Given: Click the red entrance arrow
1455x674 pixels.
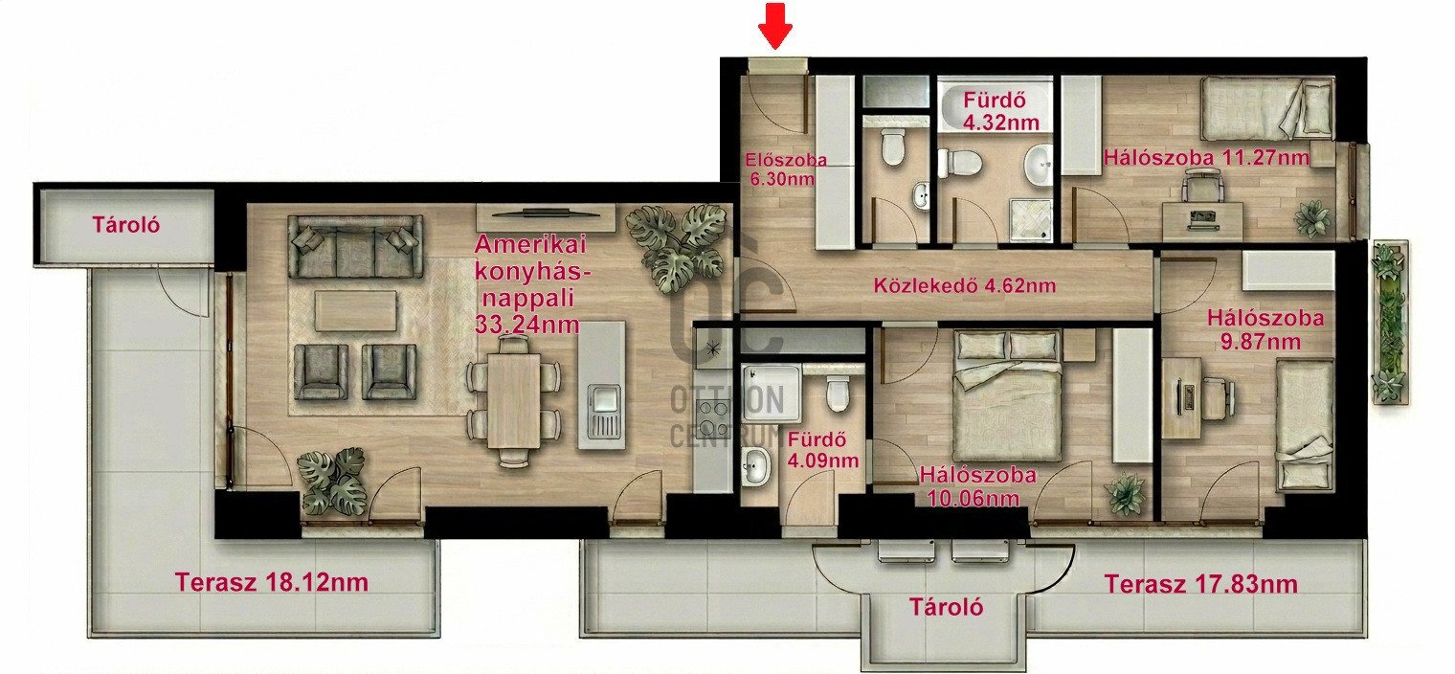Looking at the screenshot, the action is (775, 26).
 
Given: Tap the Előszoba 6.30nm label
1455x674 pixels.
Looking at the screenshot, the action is (785, 169).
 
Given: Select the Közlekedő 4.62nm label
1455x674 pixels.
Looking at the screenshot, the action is (965, 285).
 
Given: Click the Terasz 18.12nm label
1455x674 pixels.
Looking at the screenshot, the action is (272, 582).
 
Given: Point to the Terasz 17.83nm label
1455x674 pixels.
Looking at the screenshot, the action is (1201, 584).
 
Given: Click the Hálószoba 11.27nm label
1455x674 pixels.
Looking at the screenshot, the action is (1206, 157).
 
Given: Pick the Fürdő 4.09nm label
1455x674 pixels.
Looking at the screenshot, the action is (822, 450).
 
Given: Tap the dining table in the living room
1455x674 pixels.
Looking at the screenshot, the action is (513, 400).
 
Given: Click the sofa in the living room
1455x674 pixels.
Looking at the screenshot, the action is (355, 246).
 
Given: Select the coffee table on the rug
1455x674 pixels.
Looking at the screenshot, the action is (355, 311).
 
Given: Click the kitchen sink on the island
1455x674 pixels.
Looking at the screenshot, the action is (604, 411).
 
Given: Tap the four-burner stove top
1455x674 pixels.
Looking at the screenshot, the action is (712, 418).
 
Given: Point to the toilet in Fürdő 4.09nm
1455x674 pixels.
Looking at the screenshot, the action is (838, 393).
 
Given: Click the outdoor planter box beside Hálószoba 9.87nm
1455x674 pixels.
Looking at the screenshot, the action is (1391, 323).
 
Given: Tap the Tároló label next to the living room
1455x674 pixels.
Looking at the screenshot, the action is (125, 225).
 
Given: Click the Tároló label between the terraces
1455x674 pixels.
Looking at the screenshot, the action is (946, 607).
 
